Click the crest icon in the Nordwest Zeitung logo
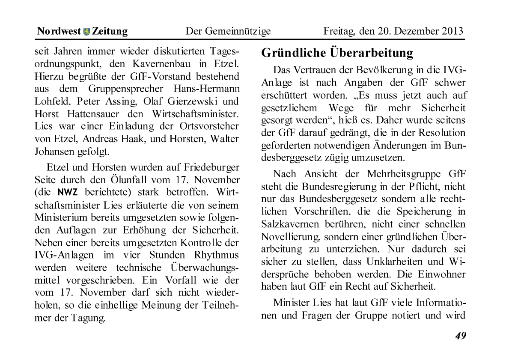pos(87,31)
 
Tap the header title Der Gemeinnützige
pos(228,31)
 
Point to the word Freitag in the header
pos(338,31)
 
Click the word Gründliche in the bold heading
pos(294,53)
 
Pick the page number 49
pos(461,336)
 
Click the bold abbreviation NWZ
pos(67,192)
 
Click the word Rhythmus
pos(217,255)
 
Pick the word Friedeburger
pos(211,167)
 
